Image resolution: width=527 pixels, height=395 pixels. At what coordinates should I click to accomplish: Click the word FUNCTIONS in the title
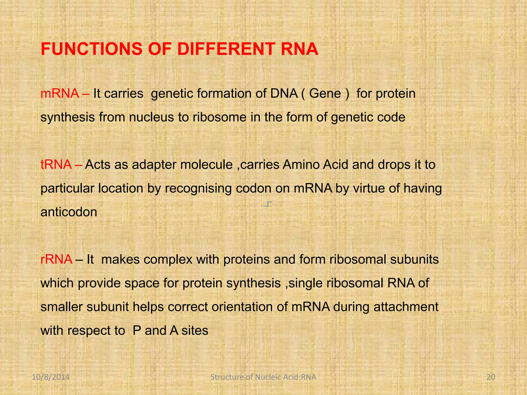tap(91, 49)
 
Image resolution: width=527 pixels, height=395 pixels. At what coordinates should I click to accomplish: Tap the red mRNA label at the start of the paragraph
tap(60, 93)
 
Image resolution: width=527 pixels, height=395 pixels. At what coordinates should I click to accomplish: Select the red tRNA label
tap(56, 165)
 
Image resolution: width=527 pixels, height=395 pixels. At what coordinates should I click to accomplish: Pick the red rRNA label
tap(56, 259)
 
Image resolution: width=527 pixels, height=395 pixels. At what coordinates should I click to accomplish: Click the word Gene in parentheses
tap(325, 93)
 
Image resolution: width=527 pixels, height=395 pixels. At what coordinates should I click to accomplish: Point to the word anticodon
tap(69, 212)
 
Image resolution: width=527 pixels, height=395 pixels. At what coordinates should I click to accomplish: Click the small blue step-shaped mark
tap(268, 204)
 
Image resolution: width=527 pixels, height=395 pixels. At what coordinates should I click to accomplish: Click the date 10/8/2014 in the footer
tap(51, 377)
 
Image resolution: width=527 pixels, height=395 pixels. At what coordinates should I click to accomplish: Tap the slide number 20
tap(491, 377)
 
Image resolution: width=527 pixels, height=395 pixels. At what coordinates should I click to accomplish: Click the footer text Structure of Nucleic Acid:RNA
tap(263, 377)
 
